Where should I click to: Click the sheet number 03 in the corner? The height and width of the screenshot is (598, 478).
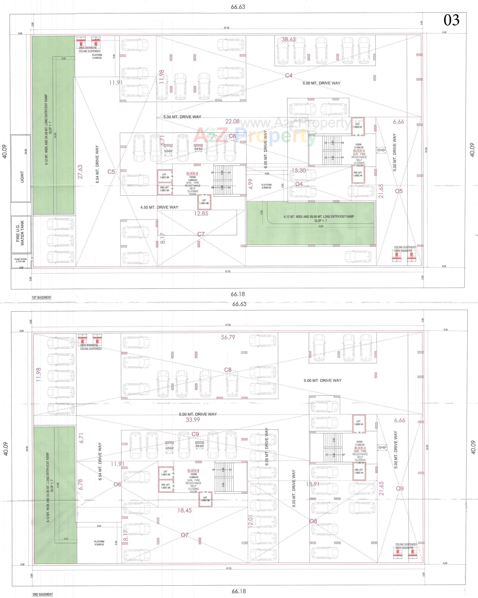(451, 20)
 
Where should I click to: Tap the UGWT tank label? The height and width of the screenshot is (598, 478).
(22, 177)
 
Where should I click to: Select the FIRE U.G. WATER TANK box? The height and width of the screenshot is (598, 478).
(20, 233)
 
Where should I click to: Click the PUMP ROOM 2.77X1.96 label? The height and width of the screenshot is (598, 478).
(20, 260)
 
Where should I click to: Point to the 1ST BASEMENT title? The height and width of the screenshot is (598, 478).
(41, 297)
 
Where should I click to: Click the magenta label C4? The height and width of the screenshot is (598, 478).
(289, 75)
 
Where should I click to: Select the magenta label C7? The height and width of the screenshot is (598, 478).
(201, 234)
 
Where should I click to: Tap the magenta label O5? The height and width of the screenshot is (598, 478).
(399, 191)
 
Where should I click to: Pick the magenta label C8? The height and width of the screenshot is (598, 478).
(228, 370)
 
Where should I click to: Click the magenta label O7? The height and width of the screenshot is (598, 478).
(185, 535)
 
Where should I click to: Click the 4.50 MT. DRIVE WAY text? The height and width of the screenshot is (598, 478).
(159, 207)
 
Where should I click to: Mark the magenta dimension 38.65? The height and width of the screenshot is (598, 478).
(289, 39)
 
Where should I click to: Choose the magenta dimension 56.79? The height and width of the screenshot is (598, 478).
(228, 337)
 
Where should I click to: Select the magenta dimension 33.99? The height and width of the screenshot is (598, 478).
(193, 420)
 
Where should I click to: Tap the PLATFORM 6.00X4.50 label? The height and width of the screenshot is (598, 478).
(266, 186)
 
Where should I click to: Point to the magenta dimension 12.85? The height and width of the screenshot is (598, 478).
(201, 213)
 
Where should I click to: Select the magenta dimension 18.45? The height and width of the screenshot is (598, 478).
(184, 510)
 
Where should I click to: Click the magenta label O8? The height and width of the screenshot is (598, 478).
(313, 521)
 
